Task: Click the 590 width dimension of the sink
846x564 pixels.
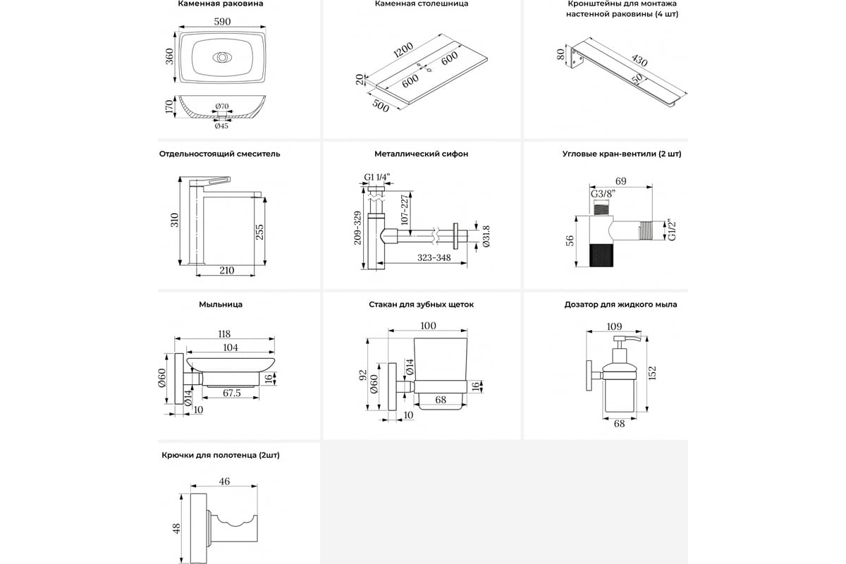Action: click(222, 22)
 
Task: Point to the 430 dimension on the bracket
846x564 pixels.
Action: click(639, 61)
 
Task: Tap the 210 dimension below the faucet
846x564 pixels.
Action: click(227, 270)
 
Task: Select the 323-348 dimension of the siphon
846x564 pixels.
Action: click(434, 258)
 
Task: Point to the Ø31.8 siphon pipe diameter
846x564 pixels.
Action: click(485, 237)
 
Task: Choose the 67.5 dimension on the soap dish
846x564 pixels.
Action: click(232, 392)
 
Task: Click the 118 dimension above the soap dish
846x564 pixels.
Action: click(225, 335)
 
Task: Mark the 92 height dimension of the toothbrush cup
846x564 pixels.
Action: click(362, 374)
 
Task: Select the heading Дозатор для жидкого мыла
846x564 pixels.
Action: click(620, 305)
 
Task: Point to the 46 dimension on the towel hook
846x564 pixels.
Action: click(225, 482)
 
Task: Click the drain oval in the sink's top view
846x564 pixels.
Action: click(221, 57)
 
